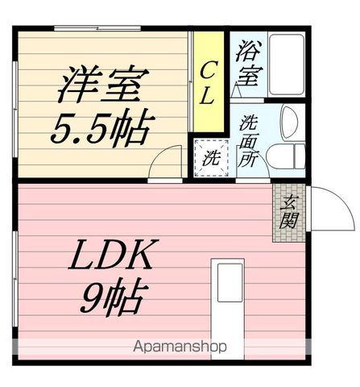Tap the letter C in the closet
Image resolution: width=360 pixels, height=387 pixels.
(x=207, y=69)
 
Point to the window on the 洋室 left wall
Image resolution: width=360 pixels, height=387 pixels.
(x=14, y=105)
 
